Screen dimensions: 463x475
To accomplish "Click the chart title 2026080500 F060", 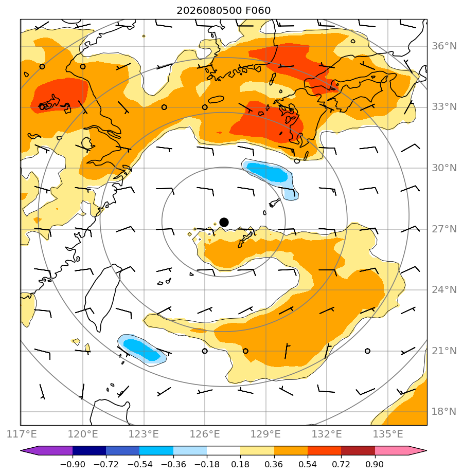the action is (x=223, y=11).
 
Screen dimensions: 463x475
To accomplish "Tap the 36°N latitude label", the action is (x=444, y=46).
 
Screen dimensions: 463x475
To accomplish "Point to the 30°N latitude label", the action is (x=444, y=168).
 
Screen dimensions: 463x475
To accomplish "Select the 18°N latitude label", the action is (x=444, y=411).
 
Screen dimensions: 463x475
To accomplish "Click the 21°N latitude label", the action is (x=444, y=351).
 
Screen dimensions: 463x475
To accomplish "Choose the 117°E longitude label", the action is (x=22, y=434).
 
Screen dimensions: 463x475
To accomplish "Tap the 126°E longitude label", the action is (x=205, y=434).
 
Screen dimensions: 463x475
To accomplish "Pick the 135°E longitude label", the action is (x=388, y=434).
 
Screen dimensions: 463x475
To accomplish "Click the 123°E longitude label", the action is (x=144, y=434).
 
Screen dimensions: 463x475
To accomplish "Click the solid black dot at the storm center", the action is (x=224, y=222).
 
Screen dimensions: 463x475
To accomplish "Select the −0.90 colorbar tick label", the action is (x=73, y=464).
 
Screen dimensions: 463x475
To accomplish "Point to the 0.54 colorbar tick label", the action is (x=308, y=464).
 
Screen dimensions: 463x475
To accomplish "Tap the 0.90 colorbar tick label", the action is (x=375, y=464).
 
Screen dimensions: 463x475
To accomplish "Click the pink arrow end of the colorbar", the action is (x=417, y=450).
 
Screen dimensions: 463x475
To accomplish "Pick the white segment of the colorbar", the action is (x=223, y=450).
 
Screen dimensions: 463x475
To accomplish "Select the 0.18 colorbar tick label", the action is (x=240, y=464).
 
